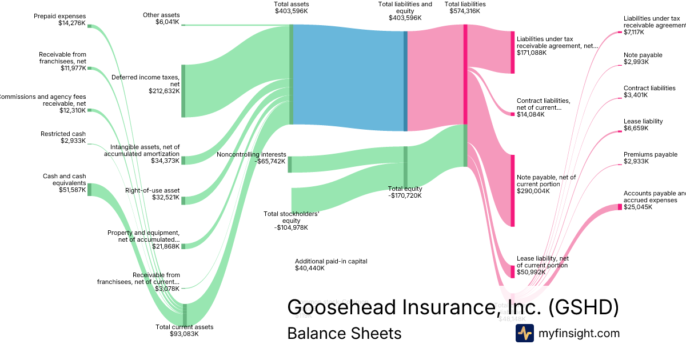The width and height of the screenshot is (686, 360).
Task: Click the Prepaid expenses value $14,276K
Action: tap(71, 23)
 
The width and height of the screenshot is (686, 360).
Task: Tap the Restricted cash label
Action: tap(63, 134)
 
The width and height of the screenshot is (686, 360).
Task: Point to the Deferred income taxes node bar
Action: tap(184, 91)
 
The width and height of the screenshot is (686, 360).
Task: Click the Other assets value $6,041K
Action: tap(167, 22)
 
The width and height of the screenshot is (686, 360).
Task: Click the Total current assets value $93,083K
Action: tap(184, 334)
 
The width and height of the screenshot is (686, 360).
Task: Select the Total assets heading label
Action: tap(291, 4)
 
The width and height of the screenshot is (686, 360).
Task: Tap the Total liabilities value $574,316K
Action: tap(465, 11)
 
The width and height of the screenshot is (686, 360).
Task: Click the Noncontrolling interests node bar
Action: tap(290, 164)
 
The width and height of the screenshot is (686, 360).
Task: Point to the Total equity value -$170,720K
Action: tap(405, 195)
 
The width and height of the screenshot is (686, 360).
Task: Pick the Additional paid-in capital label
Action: tap(331, 261)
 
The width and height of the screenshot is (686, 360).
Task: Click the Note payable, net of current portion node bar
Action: tap(512, 190)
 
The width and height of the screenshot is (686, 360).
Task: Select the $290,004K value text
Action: tap(533, 191)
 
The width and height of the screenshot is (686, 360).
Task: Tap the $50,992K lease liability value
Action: tap(531, 273)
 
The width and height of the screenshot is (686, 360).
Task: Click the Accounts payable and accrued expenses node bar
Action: tap(619, 207)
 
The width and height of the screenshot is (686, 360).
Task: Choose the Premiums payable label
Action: tap(650, 154)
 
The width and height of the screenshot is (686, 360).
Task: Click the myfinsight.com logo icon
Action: tap(525, 333)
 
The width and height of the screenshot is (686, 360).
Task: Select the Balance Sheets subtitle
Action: tap(344, 333)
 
